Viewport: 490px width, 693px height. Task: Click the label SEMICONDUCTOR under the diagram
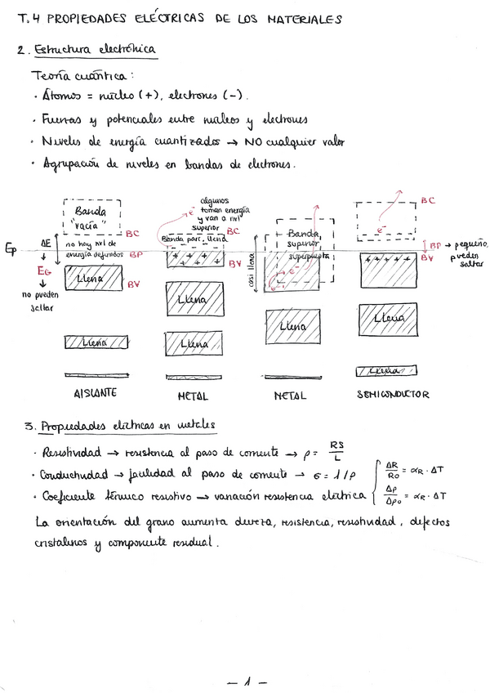[x=392, y=394]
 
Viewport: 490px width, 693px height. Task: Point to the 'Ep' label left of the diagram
[x=11, y=250]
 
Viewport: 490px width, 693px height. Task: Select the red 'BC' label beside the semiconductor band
[x=428, y=199]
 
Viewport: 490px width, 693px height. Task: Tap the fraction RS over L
[x=337, y=450]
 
